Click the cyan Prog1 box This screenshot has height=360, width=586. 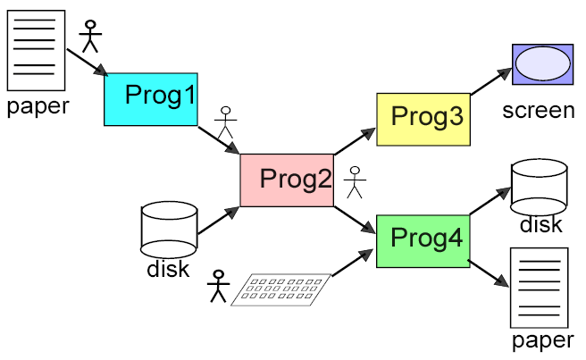pos(151,98)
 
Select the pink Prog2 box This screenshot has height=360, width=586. pos(286,180)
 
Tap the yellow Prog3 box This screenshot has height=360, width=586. pos(423,118)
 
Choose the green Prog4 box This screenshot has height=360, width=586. pos(423,240)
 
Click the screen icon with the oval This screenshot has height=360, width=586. pos(542,65)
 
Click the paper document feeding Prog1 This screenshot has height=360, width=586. pos(36,49)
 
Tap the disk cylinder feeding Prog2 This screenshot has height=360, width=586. pos(169,230)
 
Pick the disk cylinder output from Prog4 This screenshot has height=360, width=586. pos(539,186)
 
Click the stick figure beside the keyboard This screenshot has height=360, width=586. pos(217,286)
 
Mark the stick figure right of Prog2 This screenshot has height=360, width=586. pos(356,181)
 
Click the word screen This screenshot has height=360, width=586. pos(538,111)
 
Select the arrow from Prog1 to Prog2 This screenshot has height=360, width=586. pos(218,139)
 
